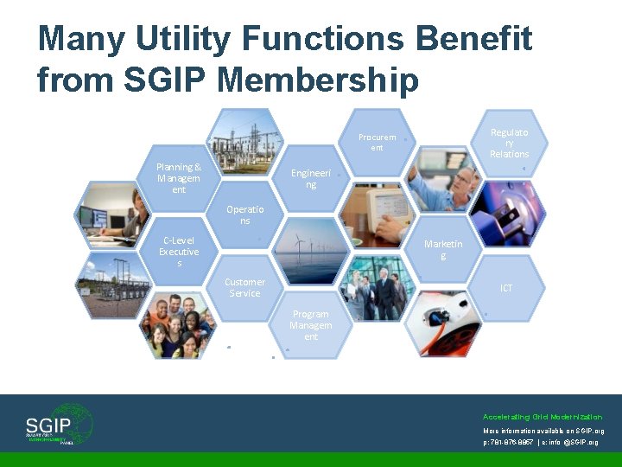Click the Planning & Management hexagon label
179,178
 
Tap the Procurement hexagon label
377,143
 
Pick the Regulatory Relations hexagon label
509,143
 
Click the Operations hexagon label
244,214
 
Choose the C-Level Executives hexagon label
179,252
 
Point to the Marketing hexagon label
443,250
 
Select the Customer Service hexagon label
244,287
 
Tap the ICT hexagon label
506,288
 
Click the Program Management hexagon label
310,325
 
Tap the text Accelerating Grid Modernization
543,417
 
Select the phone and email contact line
540,442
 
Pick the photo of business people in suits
377,288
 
